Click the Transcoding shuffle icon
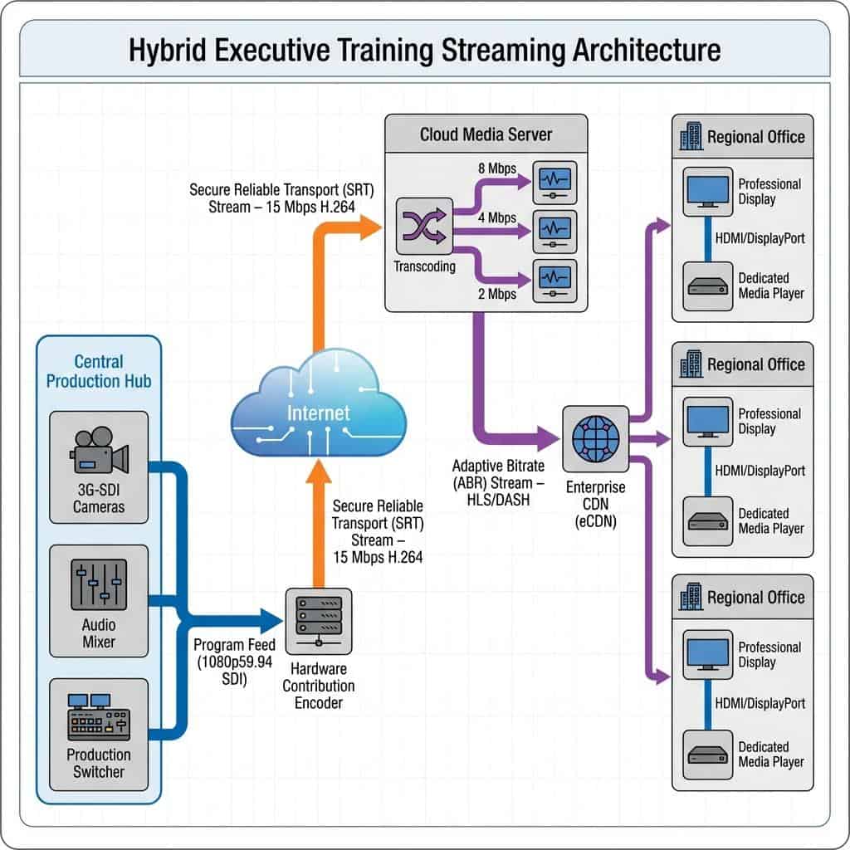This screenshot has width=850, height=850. coord(425,226)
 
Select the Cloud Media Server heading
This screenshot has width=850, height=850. coord(486,134)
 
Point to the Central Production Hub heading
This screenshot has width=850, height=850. coord(99,371)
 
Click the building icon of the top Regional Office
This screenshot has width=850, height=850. coord(691,136)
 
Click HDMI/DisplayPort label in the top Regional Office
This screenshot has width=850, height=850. coord(760,237)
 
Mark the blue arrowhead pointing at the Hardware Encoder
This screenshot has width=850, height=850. coord(271,619)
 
